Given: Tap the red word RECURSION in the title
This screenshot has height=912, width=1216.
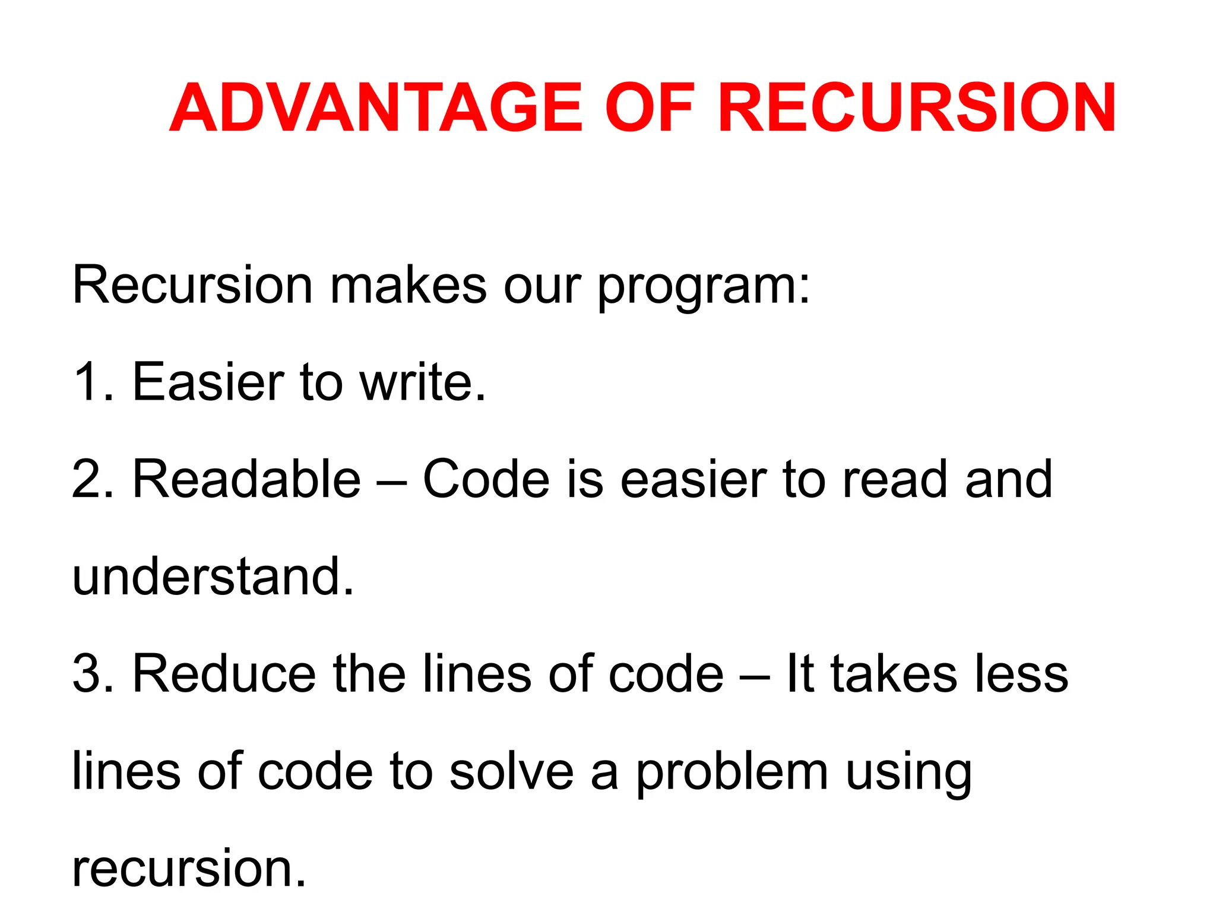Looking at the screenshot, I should click(917, 108).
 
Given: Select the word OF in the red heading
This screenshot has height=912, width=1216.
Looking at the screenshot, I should click(649, 108).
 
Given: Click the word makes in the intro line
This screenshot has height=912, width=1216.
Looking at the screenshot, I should click(408, 286).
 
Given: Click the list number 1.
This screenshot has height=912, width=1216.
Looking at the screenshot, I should click(89, 382).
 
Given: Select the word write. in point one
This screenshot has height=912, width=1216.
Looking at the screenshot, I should click(423, 382).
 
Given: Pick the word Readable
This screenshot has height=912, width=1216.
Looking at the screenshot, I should click(246, 479).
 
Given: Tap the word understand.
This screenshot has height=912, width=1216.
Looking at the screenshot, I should click(213, 577).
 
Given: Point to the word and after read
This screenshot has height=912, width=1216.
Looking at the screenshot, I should click(1008, 479).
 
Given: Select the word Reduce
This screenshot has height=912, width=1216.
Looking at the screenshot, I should click(224, 674).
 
